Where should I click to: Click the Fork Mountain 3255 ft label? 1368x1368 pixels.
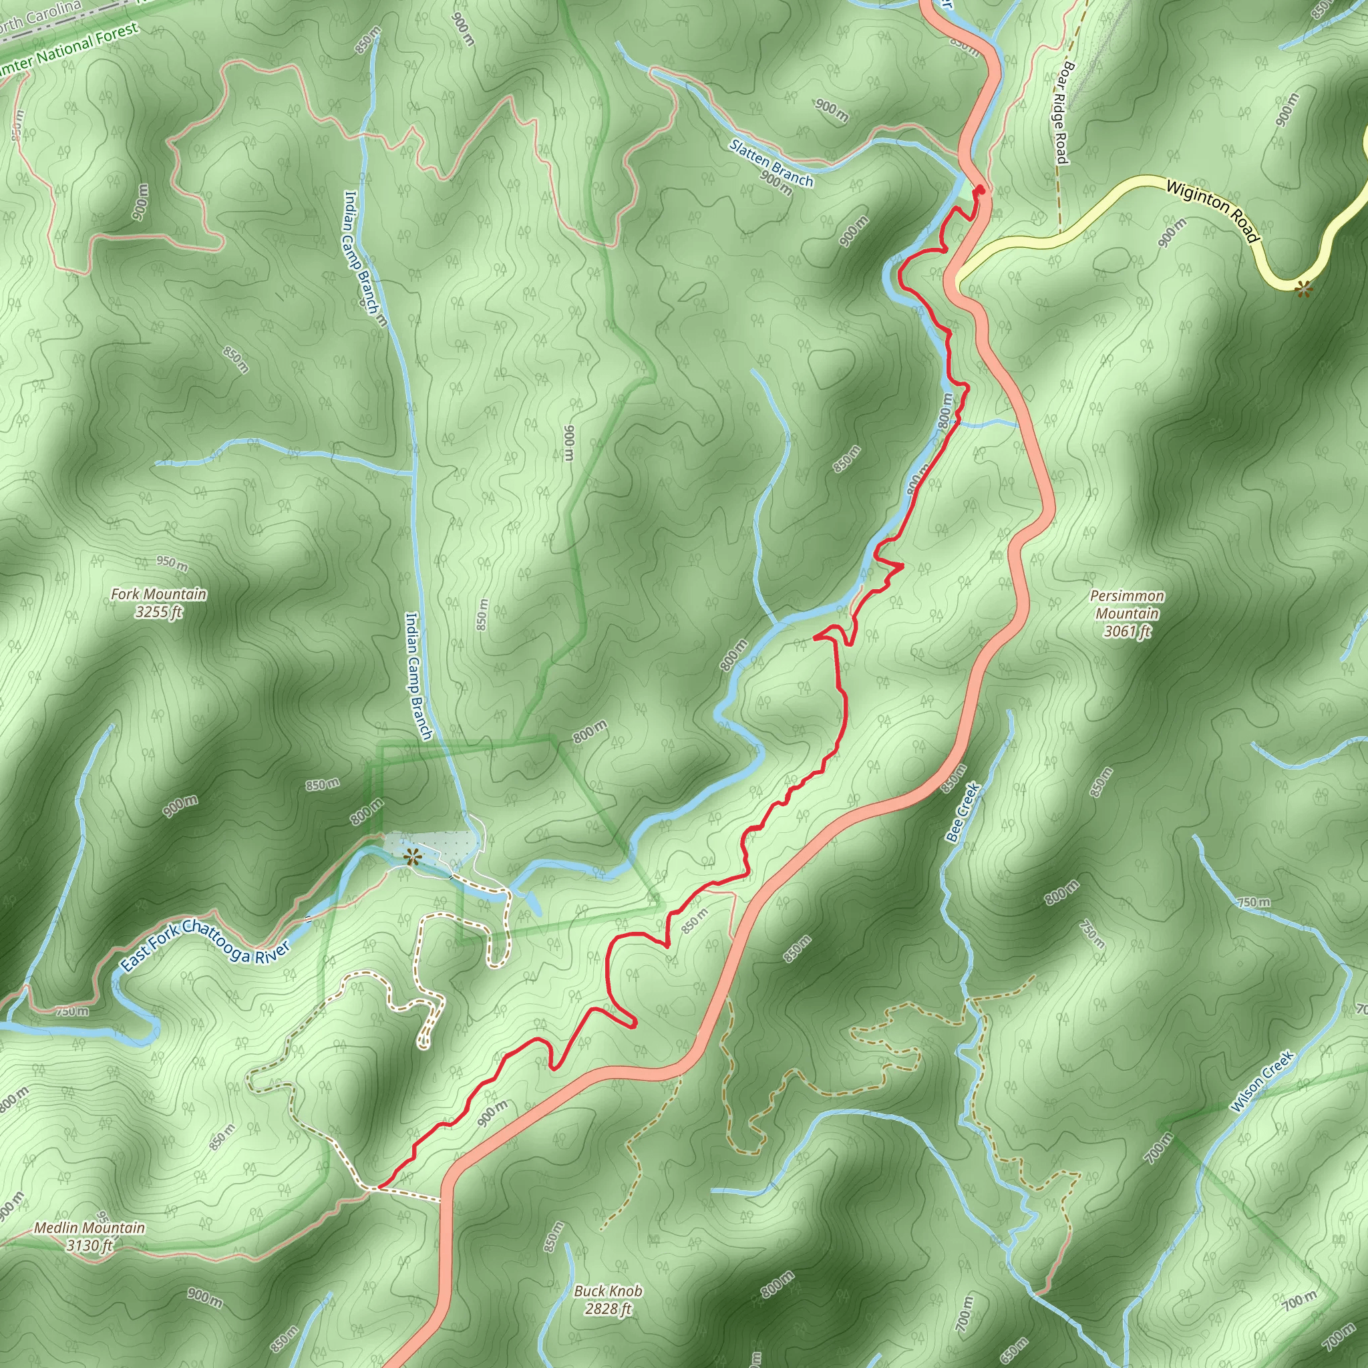click(x=158, y=603)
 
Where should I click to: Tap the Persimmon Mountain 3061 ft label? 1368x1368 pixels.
click(x=1127, y=613)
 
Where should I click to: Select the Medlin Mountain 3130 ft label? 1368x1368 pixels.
click(x=90, y=1236)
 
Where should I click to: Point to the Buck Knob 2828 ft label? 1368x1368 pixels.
click(x=608, y=1300)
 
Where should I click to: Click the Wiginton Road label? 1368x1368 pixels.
click(x=1213, y=210)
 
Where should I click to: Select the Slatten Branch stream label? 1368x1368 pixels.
click(x=771, y=164)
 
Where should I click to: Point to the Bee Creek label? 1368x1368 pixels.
click(x=963, y=812)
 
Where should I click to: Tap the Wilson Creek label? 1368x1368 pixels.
click(x=1262, y=1081)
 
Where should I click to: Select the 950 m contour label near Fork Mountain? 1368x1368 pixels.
click(x=172, y=564)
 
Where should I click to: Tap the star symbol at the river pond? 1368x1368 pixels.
click(x=411, y=858)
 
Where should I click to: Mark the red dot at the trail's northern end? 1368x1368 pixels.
click(x=980, y=190)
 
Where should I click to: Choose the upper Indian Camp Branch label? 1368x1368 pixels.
click(x=364, y=258)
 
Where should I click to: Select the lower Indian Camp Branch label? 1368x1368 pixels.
click(x=417, y=676)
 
